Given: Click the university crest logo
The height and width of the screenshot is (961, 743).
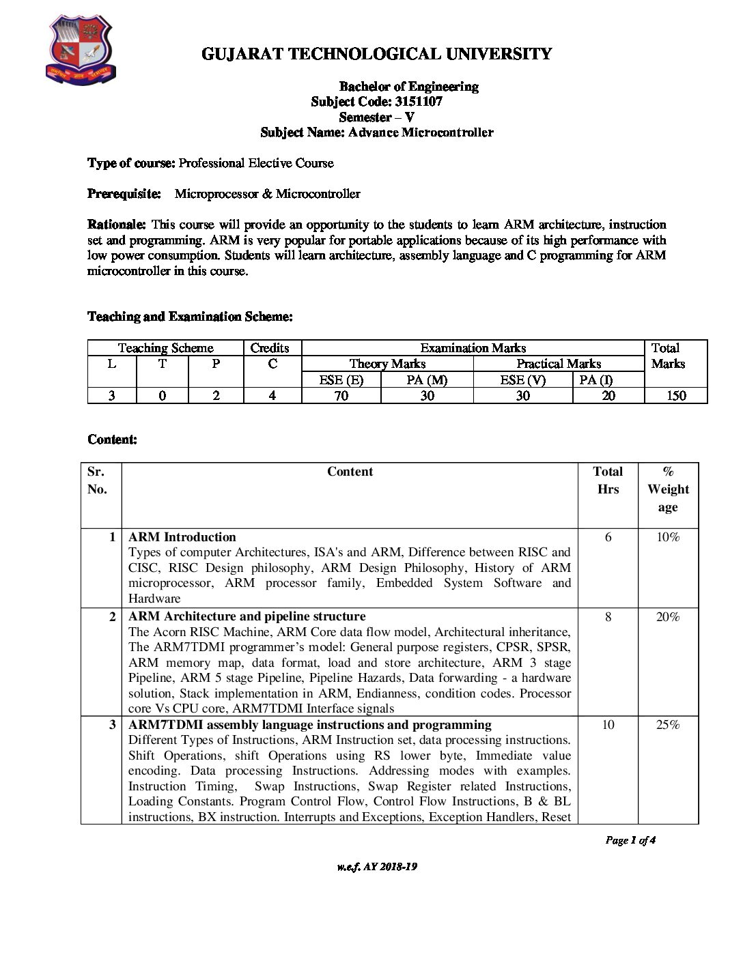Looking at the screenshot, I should (x=80, y=51).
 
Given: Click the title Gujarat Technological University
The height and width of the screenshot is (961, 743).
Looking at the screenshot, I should (x=376, y=54).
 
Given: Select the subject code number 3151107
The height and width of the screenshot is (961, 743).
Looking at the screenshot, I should (x=418, y=102).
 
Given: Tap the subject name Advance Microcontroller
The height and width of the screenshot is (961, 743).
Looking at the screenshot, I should (x=420, y=132).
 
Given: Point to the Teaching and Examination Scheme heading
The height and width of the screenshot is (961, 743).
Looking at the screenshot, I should (x=190, y=317).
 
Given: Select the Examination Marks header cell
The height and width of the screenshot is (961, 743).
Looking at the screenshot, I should (x=473, y=348).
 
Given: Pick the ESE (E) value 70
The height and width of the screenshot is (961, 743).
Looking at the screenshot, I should (x=341, y=396).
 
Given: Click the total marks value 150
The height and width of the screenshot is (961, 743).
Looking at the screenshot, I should (x=675, y=396).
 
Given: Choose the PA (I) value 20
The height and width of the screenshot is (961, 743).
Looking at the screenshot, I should (x=608, y=396).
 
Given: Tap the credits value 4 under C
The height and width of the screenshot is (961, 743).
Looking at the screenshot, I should (x=272, y=396).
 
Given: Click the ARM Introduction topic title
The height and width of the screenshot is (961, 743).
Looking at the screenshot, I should (x=182, y=537).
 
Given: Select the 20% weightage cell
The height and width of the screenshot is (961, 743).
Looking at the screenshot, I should (x=667, y=617).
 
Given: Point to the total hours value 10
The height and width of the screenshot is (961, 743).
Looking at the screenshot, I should (x=608, y=725).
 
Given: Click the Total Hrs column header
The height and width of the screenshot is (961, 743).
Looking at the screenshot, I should (x=608, y=480).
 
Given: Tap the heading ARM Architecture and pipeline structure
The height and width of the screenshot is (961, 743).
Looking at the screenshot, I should (x=247, y=617).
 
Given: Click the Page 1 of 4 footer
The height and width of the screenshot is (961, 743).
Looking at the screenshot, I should (x=630, y=840).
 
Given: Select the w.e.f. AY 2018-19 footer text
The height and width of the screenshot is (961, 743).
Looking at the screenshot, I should (x=376, y=867).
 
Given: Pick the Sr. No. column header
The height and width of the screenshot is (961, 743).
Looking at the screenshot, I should (x=97, y=480).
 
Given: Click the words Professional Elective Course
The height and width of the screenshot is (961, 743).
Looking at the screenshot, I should (x=256, y=163).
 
